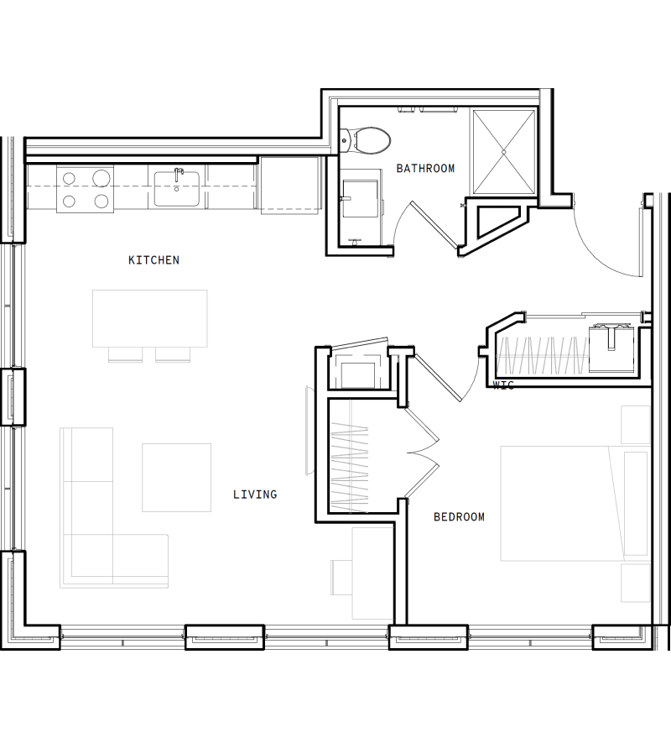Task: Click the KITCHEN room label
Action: pos(153,260)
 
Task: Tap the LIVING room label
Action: pos(255,495)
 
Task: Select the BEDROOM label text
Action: pos(459,517)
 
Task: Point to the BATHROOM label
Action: pos(425,169)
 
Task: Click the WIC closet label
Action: pos(503,385)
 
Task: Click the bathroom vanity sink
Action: pos(359,198)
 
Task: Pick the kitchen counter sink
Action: pos(177,187)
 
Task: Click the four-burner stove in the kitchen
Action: pos(85,189)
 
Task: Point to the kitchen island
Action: pos(150,318)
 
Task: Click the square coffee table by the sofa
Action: pos(176,477)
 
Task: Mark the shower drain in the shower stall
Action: pos(503,151)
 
